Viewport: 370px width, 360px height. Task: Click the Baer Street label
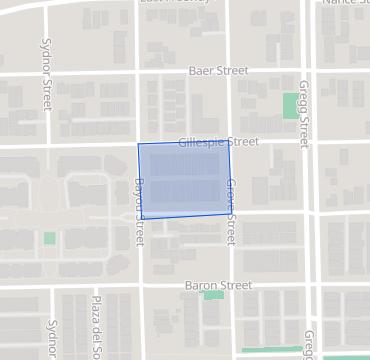(x=218, y=71)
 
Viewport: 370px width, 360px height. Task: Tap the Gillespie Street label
(x=218, y=143)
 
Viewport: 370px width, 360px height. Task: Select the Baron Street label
(x=218, y=285)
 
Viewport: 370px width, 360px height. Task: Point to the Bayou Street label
(x=139, y=212)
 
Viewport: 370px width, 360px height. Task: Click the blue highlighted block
(x=185, y=180)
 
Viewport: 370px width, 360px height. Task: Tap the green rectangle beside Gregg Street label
(x=290, y=105)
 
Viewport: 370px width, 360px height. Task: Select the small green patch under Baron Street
(x=213, y=295)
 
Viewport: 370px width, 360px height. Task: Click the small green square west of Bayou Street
(x=50, y=238)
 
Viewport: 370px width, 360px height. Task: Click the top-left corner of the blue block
(x=138, y=144)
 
